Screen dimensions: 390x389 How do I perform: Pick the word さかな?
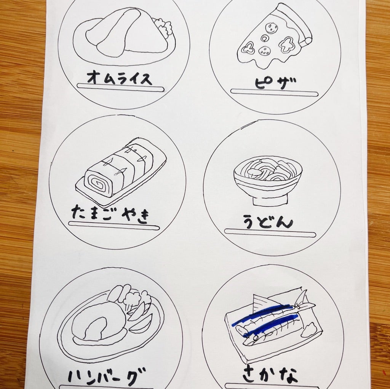pyautogui.click(x=270, y=375)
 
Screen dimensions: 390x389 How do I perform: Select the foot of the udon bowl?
pyautogui.click(x=270, y=200)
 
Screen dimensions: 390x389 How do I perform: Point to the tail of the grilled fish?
pyautogui.click(x=305, y=302)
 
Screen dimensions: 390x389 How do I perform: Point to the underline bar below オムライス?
pyautogui.click(x=120, y=87)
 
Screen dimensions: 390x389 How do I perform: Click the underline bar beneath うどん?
pyautogui.click(x=270, y=233)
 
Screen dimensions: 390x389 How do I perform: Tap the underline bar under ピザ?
pyautogui.click(x=274, y=93)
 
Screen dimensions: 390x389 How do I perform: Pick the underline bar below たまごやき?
pyautogui.click(x=114, y=225)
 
